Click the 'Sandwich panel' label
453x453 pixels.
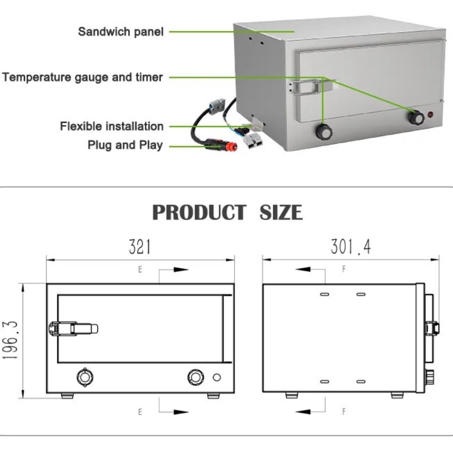point(120,32)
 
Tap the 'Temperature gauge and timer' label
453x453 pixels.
point(82,77)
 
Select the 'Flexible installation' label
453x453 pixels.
point(112,127)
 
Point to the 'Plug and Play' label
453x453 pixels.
point(125,145)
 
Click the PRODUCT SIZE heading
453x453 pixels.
point(227,212)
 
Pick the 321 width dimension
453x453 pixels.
point(140,247)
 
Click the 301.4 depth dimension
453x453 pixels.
point(350,247)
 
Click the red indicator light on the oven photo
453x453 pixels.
point(430,115)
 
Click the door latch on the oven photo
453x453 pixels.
point(311,87)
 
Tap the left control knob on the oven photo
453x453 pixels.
point(325,132)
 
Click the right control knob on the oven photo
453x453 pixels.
point(416,116)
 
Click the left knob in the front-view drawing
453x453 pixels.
point(85,377)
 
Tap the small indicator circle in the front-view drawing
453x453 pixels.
point(217,377)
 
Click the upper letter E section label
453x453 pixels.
point(140,270)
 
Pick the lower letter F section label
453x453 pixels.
point(344,411)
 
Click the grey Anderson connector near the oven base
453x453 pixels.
point(254,140)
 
